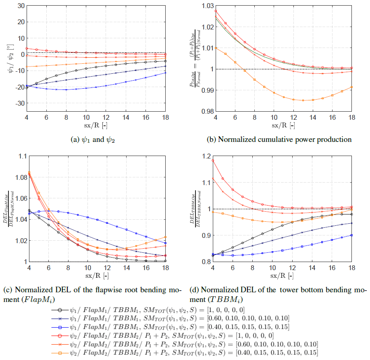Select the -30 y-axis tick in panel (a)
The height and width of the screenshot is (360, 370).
coord(18,103)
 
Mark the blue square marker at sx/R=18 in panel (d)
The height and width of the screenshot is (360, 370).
coord(352,235)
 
